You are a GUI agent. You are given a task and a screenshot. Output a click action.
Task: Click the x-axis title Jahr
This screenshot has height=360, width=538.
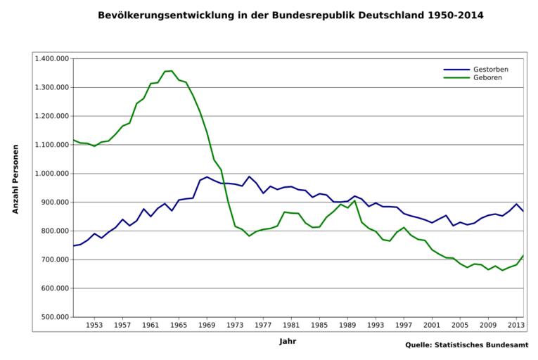point(287,341)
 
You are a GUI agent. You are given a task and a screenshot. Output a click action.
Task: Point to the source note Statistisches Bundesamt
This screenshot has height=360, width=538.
point(466,345)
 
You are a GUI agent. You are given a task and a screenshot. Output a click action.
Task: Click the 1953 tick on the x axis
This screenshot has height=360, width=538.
point(95,326)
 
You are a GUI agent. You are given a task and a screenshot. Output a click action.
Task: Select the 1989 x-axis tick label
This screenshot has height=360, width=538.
point(347,326)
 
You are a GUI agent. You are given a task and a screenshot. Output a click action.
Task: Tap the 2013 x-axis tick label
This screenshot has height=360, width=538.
point(516,326)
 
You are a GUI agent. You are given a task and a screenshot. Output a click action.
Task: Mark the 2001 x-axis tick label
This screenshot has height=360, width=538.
point(431,326)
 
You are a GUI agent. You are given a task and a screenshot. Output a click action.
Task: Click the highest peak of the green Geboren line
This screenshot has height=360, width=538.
point(172,70)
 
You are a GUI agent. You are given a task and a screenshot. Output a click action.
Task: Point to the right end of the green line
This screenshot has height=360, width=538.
point(523,255)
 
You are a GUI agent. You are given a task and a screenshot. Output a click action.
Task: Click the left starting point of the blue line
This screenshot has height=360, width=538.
point(73,245)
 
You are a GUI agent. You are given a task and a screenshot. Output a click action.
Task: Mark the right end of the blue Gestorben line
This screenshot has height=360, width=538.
point(523,212)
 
